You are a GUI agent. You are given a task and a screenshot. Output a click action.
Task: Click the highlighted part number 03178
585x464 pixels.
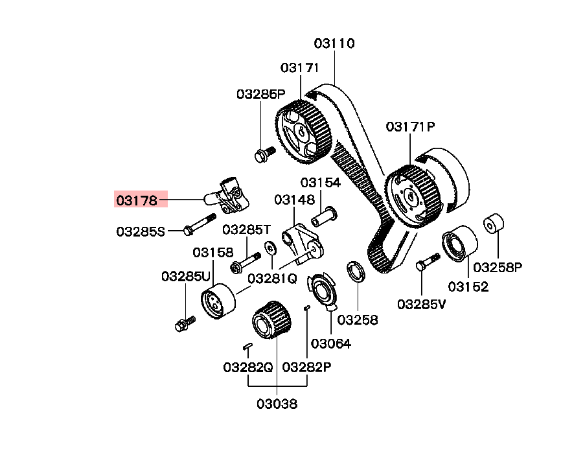click(x=137, y=200)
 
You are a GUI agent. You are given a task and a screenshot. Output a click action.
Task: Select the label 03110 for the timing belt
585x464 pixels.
click(x=334, y=43)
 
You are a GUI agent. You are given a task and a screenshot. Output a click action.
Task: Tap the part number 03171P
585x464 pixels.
click(x=410, y=127)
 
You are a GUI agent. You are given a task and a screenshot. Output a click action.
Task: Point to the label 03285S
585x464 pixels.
click(x=141, y=232)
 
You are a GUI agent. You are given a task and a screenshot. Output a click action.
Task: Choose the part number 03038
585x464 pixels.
click(x=277, y=404)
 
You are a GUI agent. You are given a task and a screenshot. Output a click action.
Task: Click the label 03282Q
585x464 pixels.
click(x=248, y=367)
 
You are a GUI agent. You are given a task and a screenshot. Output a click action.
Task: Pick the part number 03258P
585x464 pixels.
click(x=498, y=267)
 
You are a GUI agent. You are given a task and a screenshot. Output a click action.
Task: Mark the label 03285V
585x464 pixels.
click(x=421, y=304)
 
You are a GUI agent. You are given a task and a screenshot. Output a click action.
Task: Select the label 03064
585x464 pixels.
click(x=331, y=343)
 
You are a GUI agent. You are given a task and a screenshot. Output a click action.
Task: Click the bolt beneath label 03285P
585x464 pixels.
click(x=264, y=154)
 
